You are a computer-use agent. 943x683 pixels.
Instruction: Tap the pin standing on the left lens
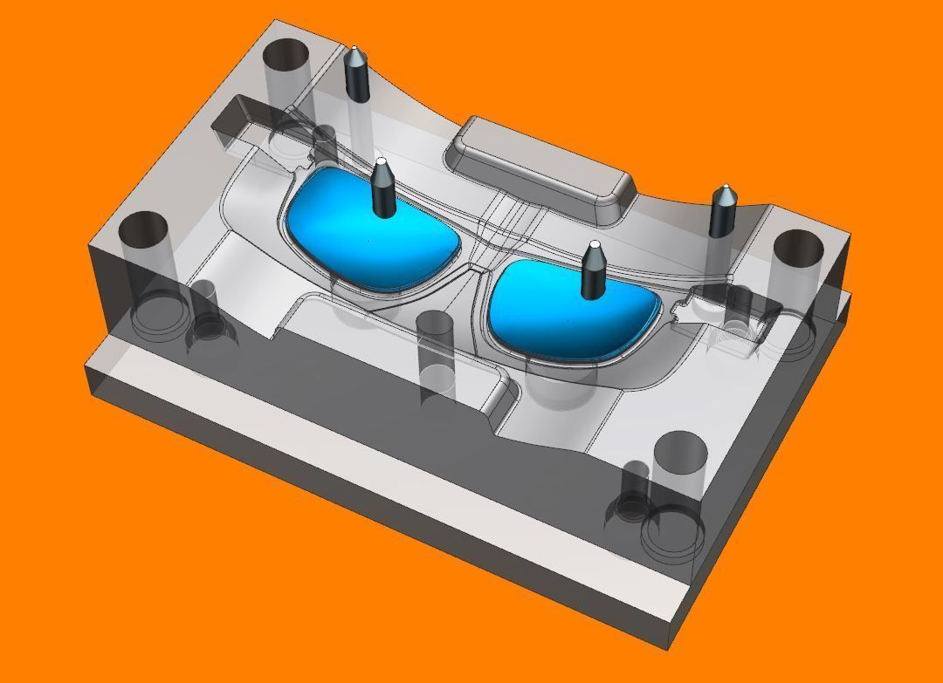coord(382,192)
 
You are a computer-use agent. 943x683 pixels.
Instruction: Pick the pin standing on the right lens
coord(594,275)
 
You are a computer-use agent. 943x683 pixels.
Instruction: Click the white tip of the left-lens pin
coord(380,162)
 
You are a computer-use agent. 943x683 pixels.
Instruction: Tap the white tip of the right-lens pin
coord(595,245)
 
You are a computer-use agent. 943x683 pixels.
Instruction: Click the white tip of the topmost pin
coord(354,50)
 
